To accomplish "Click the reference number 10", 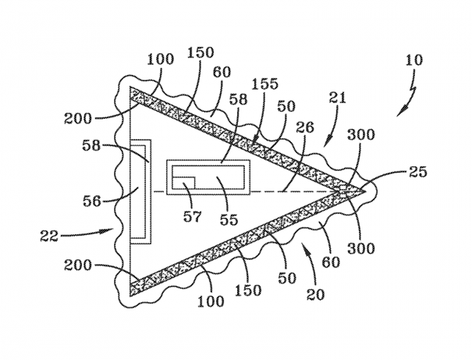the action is [x=414, y=60].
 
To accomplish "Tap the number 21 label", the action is [x=338, y=98].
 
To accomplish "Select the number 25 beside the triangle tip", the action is [x=417, y=172].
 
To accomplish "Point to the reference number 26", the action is [x=305, y=127].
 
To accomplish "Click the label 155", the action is [x=265, y=84].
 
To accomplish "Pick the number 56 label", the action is [x=92, y=201].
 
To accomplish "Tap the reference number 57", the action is [x=193, y=216].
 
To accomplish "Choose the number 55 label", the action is [x=229, y=219].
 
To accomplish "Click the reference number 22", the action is [x=49, y=236].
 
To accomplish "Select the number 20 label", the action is [x=316, y=294].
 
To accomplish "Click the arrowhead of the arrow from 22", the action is [x=109, y=230].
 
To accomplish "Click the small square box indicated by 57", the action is [x=183, y=183].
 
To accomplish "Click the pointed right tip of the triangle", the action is [x=365, y=191].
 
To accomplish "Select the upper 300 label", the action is [x=361, y=134].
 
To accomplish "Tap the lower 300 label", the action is [x=361, y=248].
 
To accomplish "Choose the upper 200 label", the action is [x=77, y=119].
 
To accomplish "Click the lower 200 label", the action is [x=77, y=266].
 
